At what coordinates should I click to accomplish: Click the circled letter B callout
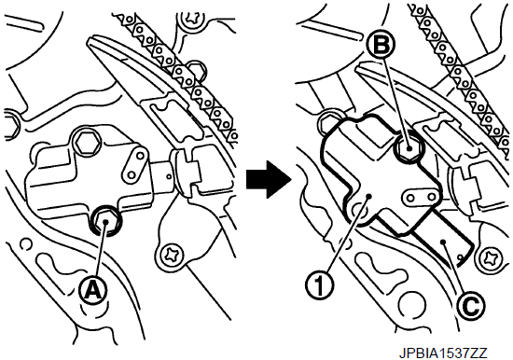tap(381, 45)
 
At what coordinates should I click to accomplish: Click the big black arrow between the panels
tap(269, 179)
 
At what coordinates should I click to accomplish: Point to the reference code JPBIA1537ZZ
tap(443, 353)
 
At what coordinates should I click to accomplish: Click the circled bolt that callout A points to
tap(105, 222)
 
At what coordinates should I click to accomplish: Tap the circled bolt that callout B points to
tap(409, 148)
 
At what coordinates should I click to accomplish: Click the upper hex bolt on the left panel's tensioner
tap(87, 143)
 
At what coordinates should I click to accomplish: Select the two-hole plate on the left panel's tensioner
tap(135, 163)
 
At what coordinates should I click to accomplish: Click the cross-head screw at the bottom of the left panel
tap(171, 255)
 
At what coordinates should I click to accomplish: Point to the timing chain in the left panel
tap(175, 69)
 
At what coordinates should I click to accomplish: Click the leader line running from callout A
tap(101, 249)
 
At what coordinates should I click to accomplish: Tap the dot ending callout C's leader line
tap(443, 242)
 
